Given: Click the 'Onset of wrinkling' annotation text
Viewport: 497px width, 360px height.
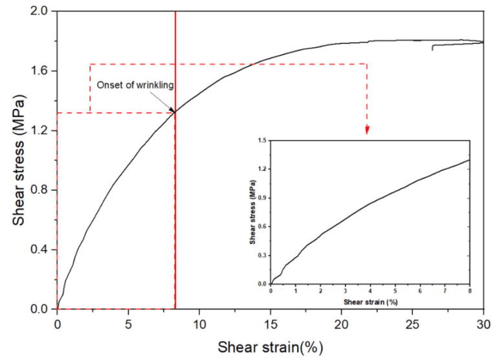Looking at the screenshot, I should click(x=135, y=85).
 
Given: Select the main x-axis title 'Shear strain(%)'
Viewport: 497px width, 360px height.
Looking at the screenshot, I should click(x=271, y=347).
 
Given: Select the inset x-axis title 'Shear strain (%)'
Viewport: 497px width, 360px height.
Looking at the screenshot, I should click(x=370, y=302).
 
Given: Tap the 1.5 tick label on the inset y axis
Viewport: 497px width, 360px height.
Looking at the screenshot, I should click(x=261, y=140).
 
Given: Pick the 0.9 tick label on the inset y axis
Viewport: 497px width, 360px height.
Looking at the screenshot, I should click(x=261, y=197).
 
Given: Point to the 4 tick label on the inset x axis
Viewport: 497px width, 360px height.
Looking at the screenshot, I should click(x=370, y=292).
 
